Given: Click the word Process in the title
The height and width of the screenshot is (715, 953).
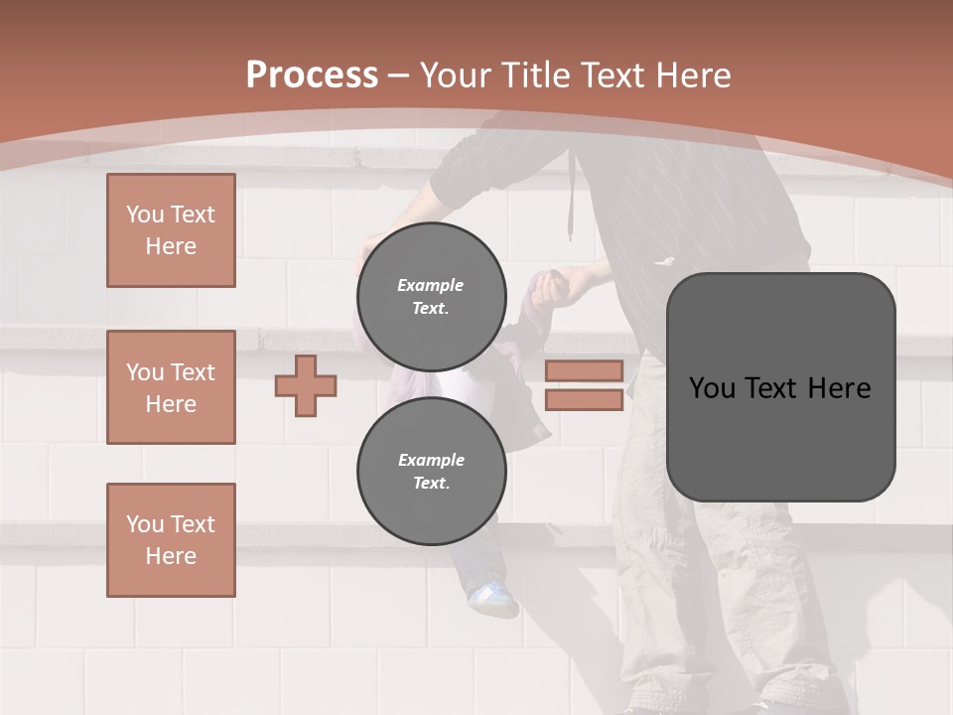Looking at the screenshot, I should pos(312,75).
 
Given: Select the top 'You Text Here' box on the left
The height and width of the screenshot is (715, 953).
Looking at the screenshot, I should pos(171,230).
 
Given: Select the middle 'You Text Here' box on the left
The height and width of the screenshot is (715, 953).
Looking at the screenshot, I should pos(171,387).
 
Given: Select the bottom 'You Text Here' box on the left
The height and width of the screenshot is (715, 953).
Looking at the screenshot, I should pos(171,540).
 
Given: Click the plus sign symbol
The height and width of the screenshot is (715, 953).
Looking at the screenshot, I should pos(306,385).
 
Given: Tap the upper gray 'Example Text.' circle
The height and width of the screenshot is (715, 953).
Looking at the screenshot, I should pos(431,297).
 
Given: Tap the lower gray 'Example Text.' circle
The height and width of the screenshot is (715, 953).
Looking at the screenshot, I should pos(431,472).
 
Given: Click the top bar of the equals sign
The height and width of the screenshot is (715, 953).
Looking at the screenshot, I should pos(584,370).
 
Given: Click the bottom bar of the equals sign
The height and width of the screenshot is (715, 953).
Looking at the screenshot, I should pos(584,400).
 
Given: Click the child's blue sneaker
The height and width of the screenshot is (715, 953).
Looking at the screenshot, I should pos(492,599).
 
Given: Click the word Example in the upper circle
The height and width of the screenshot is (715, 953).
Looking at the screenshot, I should pos(431,285).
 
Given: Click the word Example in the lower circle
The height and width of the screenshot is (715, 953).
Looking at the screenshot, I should pos(431,460).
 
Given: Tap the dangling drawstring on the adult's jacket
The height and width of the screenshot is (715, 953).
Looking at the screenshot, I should pos(572,214).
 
